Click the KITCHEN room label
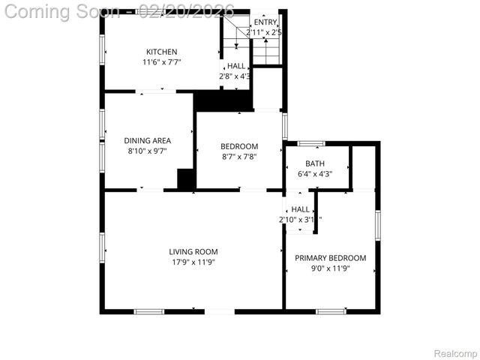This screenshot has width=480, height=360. (x=161, y=52)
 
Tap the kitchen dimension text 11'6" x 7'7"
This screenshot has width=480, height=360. (x=161, y=62)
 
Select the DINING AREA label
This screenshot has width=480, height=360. (x=147, y=140)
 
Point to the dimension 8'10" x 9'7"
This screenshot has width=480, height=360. (x=147, y=151)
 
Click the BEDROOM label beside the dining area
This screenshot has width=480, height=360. (x=239, y=146)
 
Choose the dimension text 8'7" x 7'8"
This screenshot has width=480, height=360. (x=239, y=157)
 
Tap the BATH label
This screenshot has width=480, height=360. (x=315, y=163)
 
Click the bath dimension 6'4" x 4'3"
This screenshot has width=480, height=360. (x=315, y=174)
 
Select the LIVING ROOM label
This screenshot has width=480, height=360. (x=193, y=252)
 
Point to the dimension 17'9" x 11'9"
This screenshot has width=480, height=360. (x=193, y=262)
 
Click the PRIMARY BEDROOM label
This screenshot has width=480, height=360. (x=330, y=258)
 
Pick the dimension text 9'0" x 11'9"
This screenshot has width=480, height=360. (x=330, y=268)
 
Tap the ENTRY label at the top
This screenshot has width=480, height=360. (x=265, y=22)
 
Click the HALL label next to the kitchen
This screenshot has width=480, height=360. (x=235, y=66)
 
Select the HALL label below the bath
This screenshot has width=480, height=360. (x=300, y=209)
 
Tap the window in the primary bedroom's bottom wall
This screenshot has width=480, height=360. (x=330, y=311)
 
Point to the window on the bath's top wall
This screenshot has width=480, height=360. (x=311, y=142)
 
